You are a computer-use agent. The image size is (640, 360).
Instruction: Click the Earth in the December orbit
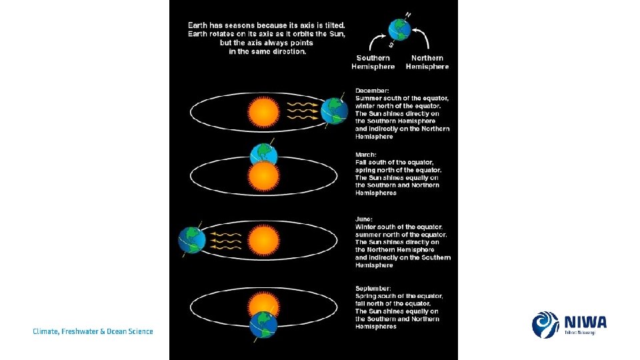point(333,111)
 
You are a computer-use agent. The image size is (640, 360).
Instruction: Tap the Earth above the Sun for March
point(263,154)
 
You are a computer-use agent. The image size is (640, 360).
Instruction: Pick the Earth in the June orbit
point(192,239)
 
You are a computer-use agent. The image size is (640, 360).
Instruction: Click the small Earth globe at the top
point(401,29)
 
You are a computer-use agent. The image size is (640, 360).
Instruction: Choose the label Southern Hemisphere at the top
point(373,62)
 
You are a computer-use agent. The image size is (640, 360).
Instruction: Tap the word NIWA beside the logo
point(585,322)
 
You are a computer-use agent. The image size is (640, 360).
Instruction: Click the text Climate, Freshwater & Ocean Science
point(93,331)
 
